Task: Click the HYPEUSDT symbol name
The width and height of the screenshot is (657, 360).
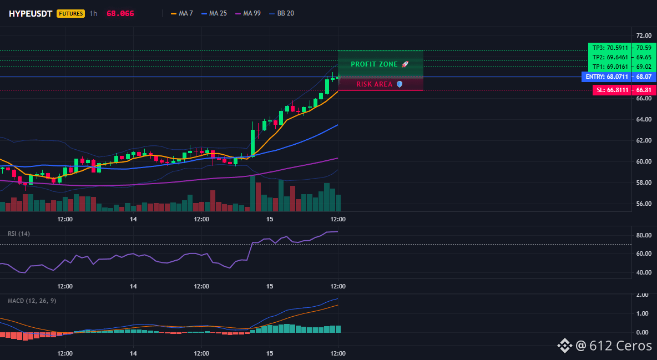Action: (31, 13)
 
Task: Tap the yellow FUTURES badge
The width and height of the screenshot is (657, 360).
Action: (71, 13)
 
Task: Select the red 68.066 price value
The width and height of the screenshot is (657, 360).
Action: (120, 13)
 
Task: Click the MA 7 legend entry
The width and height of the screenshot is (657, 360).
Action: (182, 13)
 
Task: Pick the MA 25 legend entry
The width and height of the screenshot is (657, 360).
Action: (214, 13)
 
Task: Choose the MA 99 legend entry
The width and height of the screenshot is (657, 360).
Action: (248, 13)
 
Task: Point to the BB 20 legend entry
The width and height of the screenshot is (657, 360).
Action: (281, 13)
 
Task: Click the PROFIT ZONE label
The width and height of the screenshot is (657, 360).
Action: (380, 64)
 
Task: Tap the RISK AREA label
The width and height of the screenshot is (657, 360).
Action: (380, 84)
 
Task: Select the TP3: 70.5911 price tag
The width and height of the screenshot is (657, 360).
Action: (610, 48)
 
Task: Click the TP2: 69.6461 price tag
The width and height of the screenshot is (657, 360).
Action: (610, 58)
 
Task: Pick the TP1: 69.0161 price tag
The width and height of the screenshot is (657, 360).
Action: (610, 67)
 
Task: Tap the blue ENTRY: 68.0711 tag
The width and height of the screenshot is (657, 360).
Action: (607, 77)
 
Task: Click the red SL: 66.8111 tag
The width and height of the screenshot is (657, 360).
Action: (612, 90)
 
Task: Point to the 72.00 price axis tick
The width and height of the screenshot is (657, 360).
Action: (644, 36)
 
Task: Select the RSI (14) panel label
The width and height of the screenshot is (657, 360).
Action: (19, 234)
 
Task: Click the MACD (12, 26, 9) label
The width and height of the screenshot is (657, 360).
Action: (32, 301)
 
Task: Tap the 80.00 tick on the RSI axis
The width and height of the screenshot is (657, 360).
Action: (644, 235)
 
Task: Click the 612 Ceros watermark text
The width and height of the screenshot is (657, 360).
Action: (614, 346)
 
